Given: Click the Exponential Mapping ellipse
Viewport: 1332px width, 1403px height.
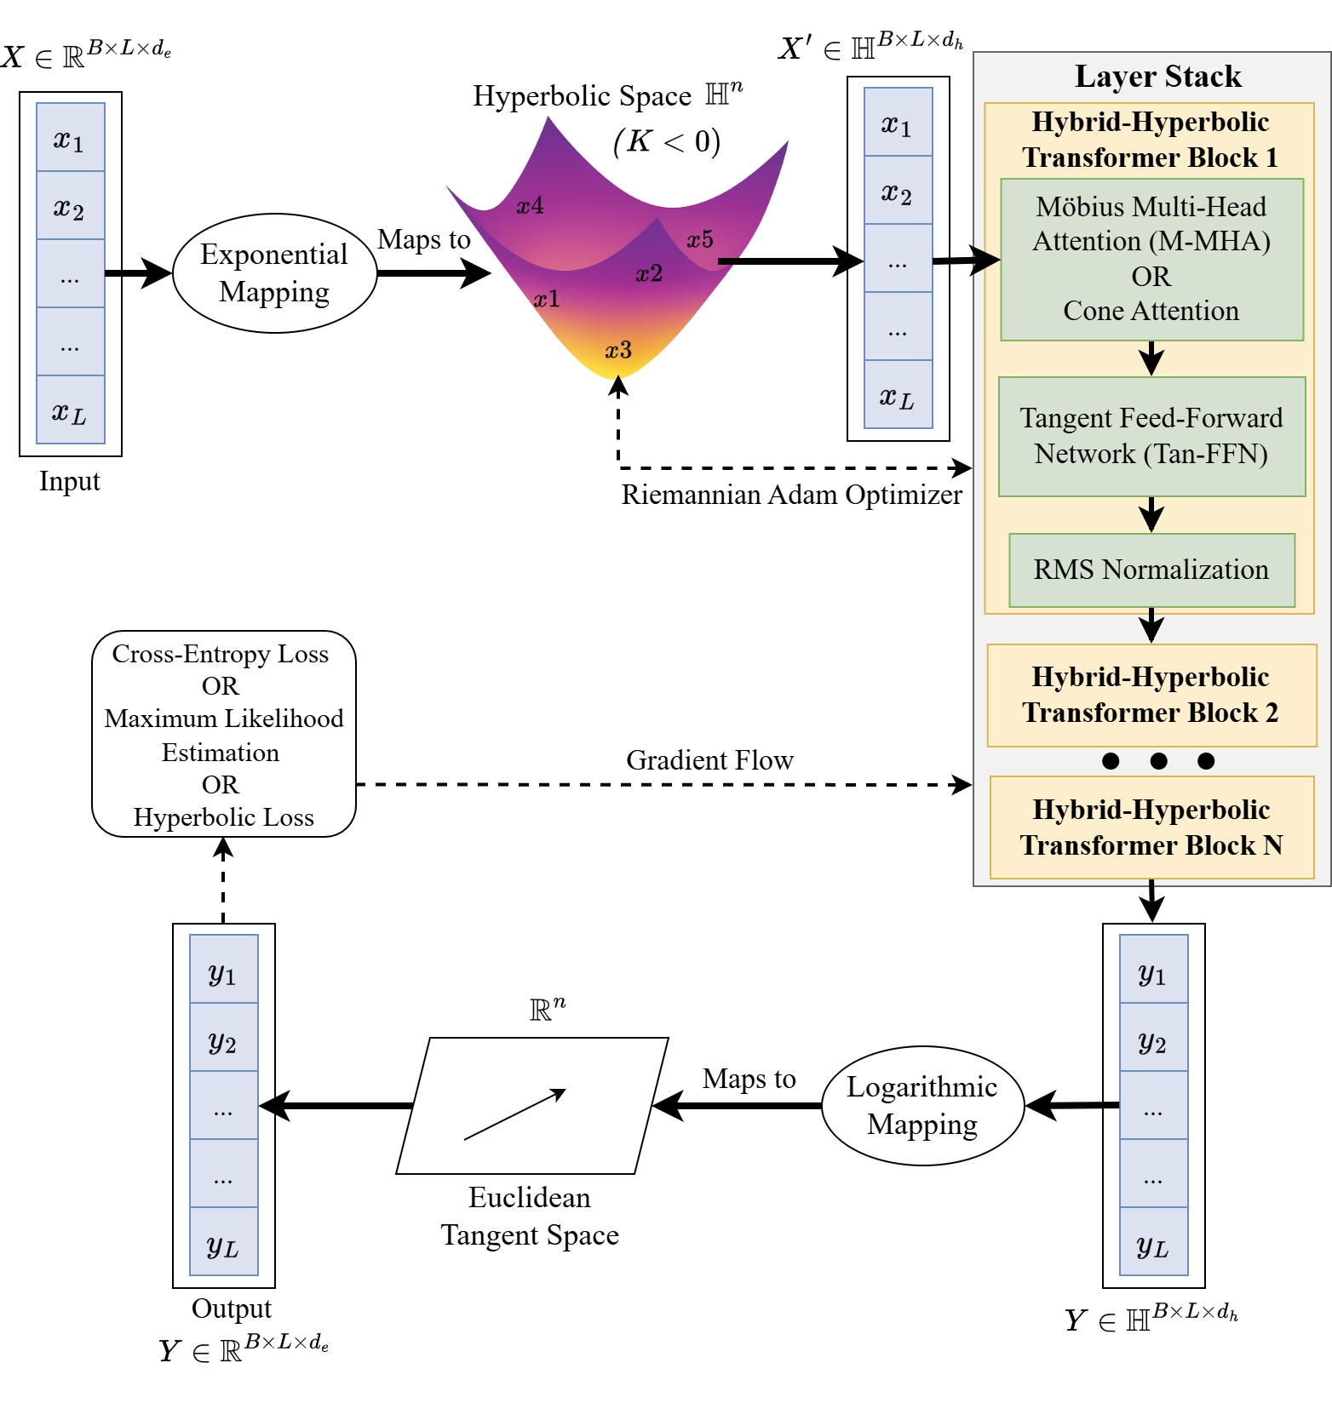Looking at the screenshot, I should click(x=274, y=273).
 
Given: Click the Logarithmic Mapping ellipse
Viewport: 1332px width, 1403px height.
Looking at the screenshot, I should click(x=922, y=1106).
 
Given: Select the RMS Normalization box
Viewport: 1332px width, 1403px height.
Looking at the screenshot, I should click(x=1151, y=570).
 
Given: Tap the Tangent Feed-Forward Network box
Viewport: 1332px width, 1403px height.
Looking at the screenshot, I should click(x=1151, y=436).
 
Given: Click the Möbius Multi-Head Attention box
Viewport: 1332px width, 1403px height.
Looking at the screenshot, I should click(x=1151, y=259).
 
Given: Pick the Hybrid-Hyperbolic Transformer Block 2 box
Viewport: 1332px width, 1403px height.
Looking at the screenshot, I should click(x=1151, y=695).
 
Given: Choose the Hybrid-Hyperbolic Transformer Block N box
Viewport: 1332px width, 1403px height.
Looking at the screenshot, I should click(x=1151, y=827).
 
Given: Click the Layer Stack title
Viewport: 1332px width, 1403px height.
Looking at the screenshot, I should click(x=1157, y=77).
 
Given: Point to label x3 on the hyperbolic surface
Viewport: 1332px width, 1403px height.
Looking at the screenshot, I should click(x=618, y=350).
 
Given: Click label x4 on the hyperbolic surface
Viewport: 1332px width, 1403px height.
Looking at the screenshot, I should click(x=530, y=205).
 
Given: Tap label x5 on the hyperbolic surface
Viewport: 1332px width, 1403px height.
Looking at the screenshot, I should click(x=700, y=240).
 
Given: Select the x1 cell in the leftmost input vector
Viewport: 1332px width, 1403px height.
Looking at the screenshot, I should click(x=70, y=139).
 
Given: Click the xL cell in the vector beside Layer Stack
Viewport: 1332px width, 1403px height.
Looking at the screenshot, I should click(x=898, y=396).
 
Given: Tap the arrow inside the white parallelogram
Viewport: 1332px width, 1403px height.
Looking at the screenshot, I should click(x=515, y=1114).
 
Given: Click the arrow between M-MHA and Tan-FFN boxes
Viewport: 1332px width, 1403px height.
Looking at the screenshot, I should click(x=1151, y=358).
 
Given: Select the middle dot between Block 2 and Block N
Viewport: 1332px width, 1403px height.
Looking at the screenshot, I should click(x=1158, y=761).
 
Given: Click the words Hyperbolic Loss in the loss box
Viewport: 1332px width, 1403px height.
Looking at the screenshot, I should click(x=223, y=817).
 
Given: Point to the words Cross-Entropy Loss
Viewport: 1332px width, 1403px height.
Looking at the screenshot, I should click(x=220, y=654).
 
